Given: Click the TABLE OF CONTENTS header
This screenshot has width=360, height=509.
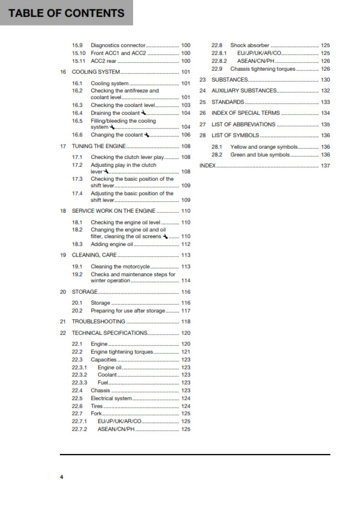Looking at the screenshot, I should [66, 13].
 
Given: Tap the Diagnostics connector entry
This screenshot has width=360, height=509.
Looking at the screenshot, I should [118, 45].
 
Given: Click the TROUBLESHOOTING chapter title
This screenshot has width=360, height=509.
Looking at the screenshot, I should [99, 322].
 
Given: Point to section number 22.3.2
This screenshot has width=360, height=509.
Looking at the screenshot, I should [79, 375].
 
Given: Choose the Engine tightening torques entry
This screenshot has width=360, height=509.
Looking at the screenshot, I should [122, 352].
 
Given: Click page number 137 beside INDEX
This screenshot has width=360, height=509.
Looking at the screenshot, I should [326, 165].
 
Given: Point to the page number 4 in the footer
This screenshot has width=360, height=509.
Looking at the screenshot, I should [61, 477].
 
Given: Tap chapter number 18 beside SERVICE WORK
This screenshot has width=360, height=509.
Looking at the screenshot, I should [63, 211].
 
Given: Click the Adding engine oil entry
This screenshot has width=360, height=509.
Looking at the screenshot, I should [111, 244].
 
